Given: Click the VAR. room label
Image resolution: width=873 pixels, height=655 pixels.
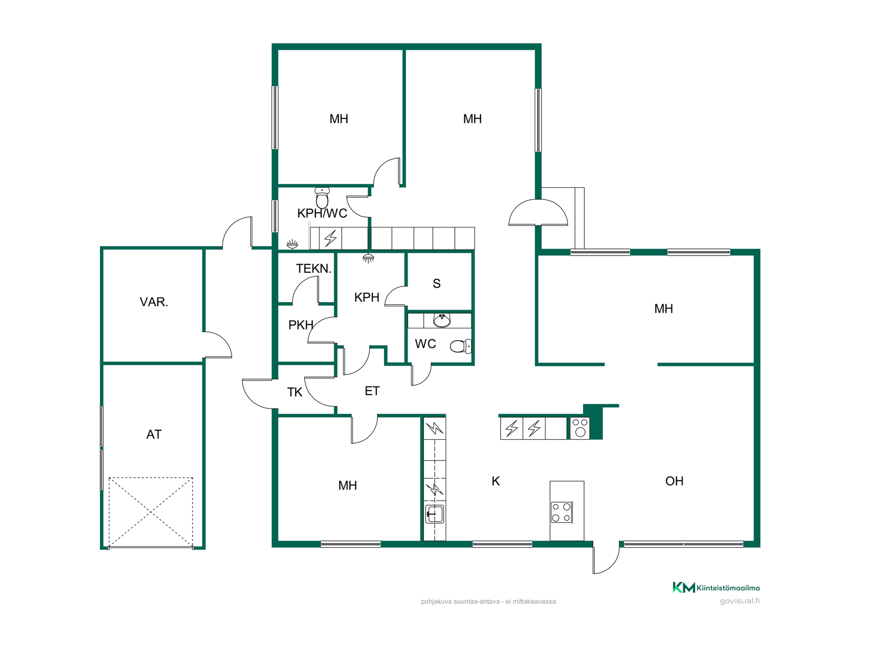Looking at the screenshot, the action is pos(154,302).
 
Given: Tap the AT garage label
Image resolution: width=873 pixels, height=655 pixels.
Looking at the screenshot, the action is pos(154,434).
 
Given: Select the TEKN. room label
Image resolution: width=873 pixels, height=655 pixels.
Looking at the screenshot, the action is pos(314,268).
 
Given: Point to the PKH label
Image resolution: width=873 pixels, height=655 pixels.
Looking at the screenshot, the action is pos(301,325).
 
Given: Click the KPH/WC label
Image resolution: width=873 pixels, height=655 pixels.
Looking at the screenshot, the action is pos(322,213).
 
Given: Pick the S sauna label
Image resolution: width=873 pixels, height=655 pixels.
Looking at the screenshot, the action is pos(436,284).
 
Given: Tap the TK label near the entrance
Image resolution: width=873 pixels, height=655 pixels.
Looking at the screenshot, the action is pos(295,392).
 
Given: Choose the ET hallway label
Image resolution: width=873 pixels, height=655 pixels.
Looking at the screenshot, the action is pos(372,391).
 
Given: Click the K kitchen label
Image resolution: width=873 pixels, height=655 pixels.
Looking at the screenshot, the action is pos(496,481).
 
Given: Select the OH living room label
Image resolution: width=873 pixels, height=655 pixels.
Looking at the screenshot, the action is pos(674,481).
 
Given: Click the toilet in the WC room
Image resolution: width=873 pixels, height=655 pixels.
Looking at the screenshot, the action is pos(461,346).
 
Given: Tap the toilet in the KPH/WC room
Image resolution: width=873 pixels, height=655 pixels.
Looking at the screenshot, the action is pos(322,198).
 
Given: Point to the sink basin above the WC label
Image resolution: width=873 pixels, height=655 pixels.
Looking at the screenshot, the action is pos(442,321).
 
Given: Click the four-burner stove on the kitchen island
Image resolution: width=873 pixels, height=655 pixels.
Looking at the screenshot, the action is pos(562,512).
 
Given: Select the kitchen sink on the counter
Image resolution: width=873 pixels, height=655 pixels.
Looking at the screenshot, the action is pos(434,514).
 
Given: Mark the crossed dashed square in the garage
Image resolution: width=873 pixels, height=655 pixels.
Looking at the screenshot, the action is pos(151,512).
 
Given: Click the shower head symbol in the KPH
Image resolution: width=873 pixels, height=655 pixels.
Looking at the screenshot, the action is pos(368,258).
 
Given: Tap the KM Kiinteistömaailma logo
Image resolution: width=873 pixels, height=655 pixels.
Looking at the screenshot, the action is pos(716,588).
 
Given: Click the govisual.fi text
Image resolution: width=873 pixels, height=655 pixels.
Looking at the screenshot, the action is pos(740,601).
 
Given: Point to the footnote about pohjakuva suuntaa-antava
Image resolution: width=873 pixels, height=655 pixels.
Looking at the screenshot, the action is pos(488,601).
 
